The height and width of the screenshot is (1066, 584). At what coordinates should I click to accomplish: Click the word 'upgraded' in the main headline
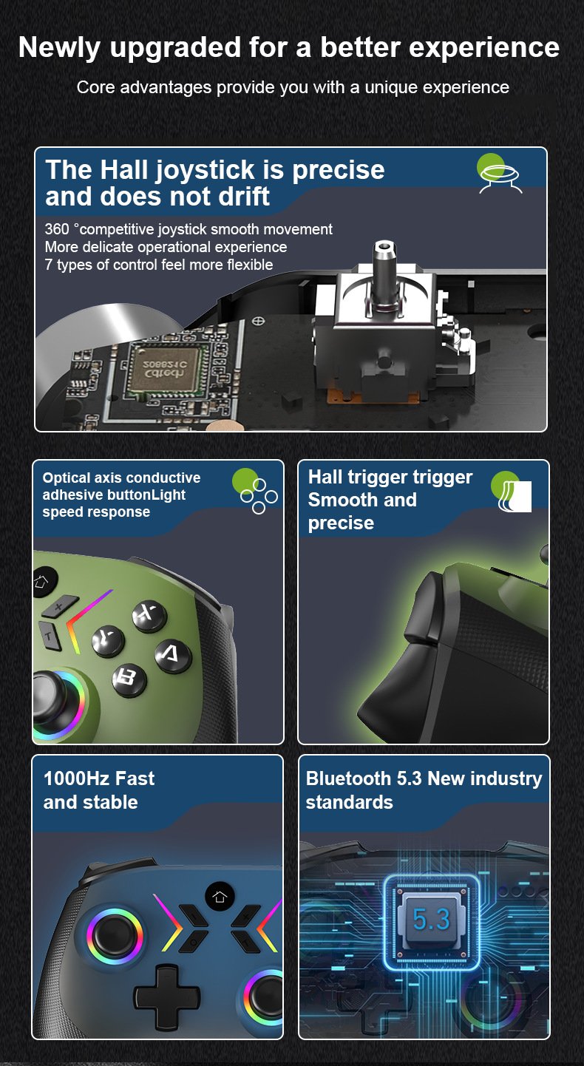pyautogui.click(x=175, y=49)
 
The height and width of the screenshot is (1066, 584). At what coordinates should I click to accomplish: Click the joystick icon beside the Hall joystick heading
pyautogui.click(x=499, y=174)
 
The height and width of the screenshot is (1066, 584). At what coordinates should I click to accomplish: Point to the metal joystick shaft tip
pyautogui.click(x=384, y=248)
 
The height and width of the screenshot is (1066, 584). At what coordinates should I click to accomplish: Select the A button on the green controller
pyautogui.click(x=173, y=655)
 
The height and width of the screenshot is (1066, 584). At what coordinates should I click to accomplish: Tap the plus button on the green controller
pyautogui.click(x=59, y=606)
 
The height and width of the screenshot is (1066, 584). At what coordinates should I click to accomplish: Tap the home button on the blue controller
pyautogui.click(x=220, y=897)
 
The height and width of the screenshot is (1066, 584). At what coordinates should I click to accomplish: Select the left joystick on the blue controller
pyautogui.click(x=115, y=937)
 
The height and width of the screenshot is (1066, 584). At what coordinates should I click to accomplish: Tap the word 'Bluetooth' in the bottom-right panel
pyautogui.click(x=349, y=779)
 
